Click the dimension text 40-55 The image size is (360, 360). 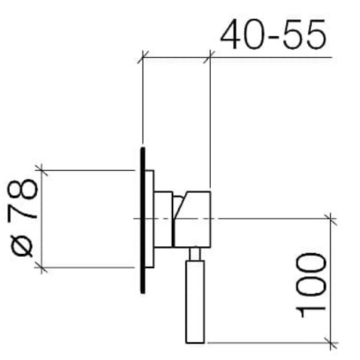click(x=273, y=34)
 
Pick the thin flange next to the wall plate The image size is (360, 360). click(x=149, y=218)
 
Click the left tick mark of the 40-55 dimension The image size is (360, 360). click(x=142, y=55)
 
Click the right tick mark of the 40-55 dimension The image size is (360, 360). click(x=210, y=55)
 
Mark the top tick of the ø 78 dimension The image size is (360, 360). click(x=44, y=171)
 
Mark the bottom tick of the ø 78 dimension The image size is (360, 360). click(x=44, y=267)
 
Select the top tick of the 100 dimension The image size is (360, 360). click(x=329, y=218)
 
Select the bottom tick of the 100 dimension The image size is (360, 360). click(x=329, y=343)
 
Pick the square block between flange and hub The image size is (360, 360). click(x=164, y=218)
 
